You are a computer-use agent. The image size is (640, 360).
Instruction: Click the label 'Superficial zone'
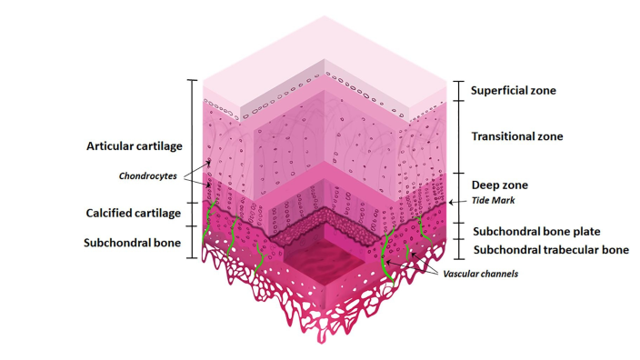(513, 91)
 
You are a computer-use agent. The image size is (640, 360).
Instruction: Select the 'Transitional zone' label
(517, 136)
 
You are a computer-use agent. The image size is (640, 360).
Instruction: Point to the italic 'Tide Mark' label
(491, 202)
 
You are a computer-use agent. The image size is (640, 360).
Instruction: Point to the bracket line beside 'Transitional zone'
(455, 136)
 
